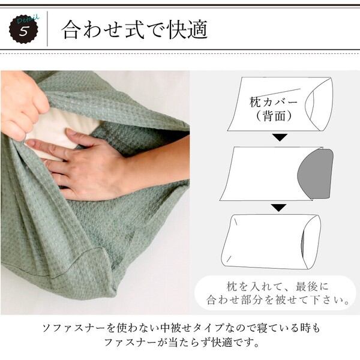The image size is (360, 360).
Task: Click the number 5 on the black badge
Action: pyautogui.click(x=23, y=31)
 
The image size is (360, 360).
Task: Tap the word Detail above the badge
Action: pyautogui.click(x=28, y=19)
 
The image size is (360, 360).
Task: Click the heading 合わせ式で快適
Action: pyautogui.click(x=135, y=29)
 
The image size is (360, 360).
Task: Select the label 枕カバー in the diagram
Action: pyautogui.click(x=273, y=102)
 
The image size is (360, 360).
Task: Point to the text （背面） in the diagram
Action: pyautogui.click(x=274, y=116)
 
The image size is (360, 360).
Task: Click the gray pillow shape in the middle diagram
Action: pyautogui.click(x=315, y=173)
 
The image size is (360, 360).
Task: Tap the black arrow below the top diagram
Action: pyautogui.click(x=280, y=137)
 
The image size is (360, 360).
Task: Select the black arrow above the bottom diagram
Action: pyautogui.click(x=279, y=208)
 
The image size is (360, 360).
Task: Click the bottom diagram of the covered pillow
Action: pyautogui.click(x=271, y=242)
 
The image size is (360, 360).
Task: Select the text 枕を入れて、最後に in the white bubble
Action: pyautogui.click(x=277, y=287)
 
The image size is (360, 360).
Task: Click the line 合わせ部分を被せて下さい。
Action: pyautogui.click(x=278, y=300)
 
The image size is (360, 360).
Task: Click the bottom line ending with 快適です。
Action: pyautogui.click(x=182, y=343)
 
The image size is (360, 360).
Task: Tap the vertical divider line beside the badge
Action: pyautogui.click(x=47, y=29)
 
